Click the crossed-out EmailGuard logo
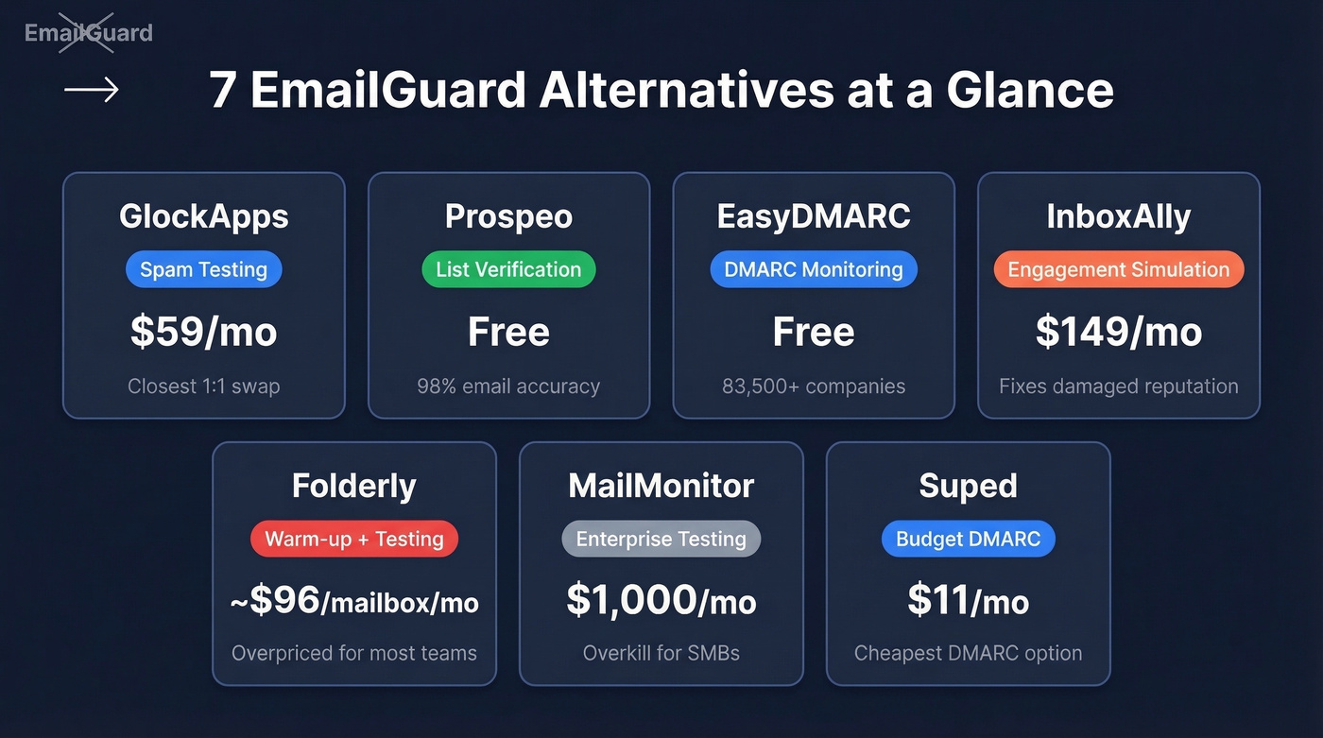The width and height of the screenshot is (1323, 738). pos(88,33)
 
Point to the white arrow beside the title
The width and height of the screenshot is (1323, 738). pos(92,90)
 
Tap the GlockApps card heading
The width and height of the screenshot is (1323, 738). pos(204,216)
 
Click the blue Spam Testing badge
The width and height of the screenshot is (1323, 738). pos(204,269)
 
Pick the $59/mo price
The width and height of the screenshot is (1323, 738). pos(204,332)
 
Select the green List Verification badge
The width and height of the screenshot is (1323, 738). pos(508,269)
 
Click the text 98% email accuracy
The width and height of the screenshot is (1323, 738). pos(508,386)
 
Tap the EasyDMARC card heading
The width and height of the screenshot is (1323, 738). pos(814,216)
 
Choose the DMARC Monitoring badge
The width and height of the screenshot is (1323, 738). pos(814,269)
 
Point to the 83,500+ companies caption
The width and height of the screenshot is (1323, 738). pos(814,386)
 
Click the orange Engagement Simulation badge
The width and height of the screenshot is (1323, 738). pos(1119,269)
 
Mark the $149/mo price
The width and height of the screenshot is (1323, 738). pos(1119,332)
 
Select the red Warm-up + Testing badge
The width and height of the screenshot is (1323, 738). pos(354,539)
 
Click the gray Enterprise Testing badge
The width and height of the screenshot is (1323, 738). pos(661,539)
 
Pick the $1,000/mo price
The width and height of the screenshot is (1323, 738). pos(661,601)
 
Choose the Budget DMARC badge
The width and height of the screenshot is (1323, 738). pos(969,539)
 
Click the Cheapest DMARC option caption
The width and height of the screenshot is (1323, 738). pos(969,653)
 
